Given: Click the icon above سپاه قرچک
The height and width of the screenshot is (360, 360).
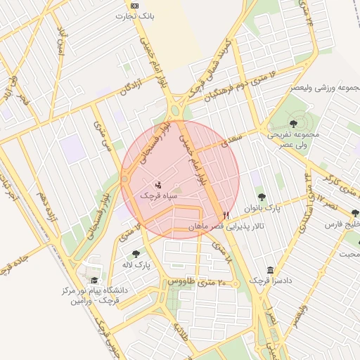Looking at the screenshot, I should click(157, 184).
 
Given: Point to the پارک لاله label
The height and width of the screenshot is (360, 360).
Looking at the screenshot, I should click(135, 265).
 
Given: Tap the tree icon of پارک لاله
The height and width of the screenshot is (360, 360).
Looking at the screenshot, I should click(136, 254).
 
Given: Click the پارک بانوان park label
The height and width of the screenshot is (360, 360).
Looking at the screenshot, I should click(262, 208).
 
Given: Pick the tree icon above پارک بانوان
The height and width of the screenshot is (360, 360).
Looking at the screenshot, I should click(262, 198).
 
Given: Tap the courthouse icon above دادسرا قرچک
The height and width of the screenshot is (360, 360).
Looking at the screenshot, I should click(271, 270).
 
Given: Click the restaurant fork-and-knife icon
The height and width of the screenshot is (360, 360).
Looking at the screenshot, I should click(226, 215).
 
